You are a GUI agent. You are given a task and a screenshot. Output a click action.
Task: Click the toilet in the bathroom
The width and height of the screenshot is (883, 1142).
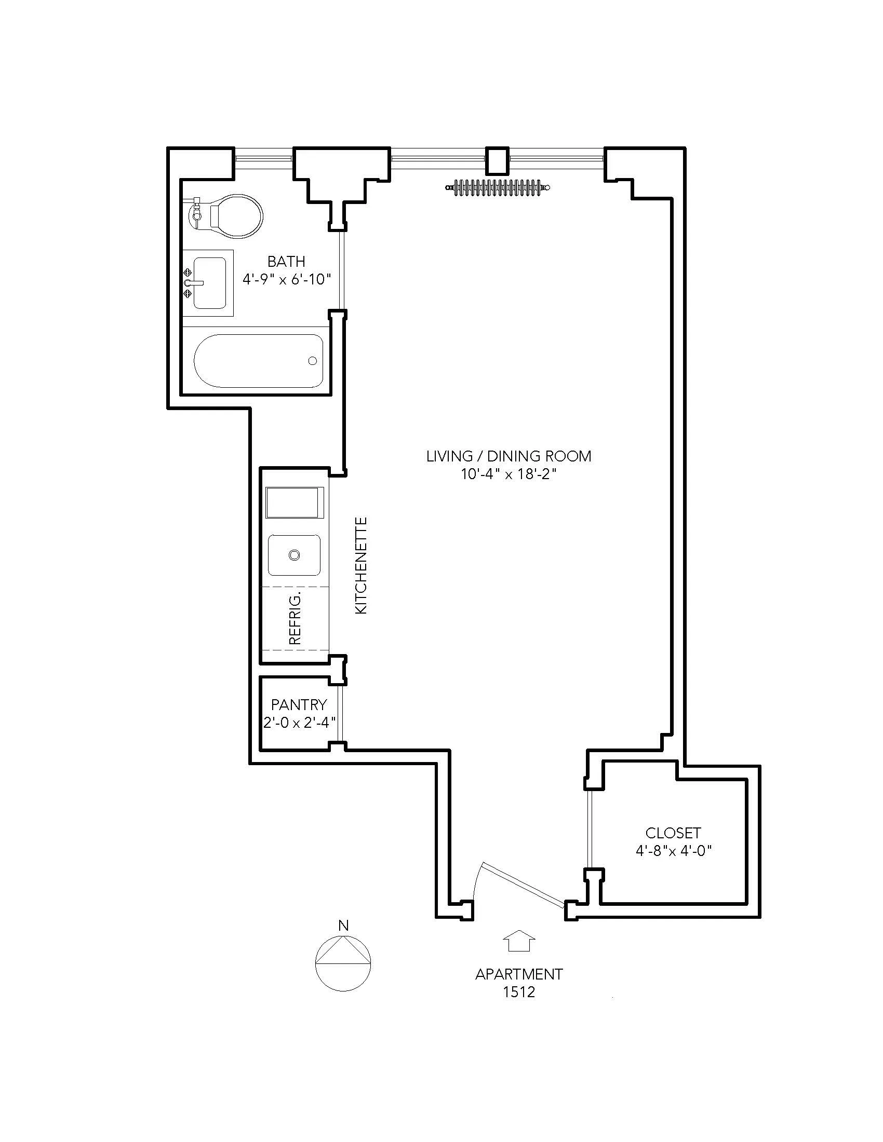230,215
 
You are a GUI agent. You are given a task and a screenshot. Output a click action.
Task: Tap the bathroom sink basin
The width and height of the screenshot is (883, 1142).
209,283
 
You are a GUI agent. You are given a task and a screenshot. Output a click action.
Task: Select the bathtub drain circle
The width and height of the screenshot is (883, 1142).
313,361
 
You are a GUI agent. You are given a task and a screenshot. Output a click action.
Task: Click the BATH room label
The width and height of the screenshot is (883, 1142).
286,262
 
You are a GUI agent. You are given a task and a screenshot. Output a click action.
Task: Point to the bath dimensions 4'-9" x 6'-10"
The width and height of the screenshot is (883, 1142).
287,279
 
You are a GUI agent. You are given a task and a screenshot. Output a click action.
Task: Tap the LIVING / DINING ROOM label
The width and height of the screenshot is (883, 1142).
509,456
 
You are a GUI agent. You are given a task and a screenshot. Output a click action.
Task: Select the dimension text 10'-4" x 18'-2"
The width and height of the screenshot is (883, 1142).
507,474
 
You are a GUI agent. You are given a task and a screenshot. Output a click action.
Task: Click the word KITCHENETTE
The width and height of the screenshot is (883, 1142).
362,565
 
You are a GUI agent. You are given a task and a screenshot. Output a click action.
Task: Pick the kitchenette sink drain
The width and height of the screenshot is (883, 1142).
295,555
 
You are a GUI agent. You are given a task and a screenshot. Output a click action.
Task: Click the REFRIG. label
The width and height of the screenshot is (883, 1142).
295,619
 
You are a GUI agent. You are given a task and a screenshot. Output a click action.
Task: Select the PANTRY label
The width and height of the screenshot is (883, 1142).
299,705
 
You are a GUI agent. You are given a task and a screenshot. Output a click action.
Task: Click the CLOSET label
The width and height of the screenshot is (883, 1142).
673,833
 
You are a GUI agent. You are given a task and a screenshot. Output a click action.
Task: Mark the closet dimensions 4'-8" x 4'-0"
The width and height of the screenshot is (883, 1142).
674,851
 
